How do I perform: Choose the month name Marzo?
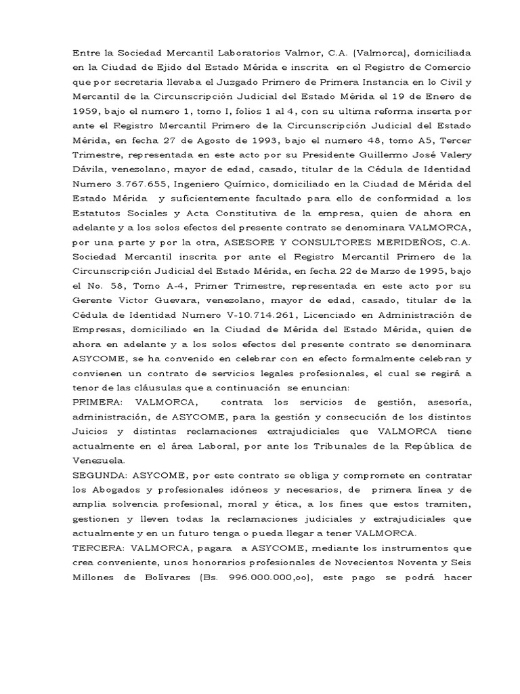tap(365, 274)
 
